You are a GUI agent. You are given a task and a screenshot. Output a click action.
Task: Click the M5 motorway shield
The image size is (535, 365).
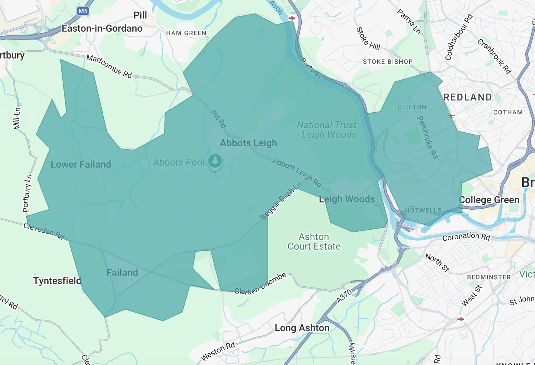pos(83,11)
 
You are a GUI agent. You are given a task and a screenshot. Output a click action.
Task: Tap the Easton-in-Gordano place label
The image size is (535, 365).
pos(102,29)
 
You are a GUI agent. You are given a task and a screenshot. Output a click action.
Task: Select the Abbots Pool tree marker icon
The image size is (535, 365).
pos(215,160)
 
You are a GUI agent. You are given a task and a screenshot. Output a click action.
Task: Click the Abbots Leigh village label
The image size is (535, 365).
pos(248,143)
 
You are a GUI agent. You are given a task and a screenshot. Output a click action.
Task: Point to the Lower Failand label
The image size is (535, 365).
pos(81,165)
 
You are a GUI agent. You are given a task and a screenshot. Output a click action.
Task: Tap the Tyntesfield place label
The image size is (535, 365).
pos(57,281)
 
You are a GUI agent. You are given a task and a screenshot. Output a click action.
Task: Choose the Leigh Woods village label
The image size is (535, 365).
pos(346,199)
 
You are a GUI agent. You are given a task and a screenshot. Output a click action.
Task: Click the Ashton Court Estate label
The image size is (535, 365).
pos(314,242)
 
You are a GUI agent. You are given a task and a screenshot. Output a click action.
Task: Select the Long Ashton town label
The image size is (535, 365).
pos(302,328)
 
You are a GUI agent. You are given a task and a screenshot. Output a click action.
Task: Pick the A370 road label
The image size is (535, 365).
pos(344,296)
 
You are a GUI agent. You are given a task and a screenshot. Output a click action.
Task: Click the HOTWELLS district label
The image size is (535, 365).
pos(423,210)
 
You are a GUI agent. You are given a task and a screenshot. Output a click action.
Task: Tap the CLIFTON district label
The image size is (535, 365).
pos(412,107)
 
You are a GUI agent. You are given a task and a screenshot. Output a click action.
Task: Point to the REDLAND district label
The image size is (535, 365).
pos(468,97)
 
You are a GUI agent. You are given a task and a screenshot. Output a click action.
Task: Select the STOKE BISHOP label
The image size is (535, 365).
pos(388,62)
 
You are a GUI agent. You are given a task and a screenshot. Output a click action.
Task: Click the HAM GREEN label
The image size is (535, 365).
pos(186,33)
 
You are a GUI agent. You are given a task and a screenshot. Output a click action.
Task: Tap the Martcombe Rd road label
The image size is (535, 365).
pos(109,66)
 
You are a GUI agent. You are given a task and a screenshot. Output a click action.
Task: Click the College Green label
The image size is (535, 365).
pos(489,200)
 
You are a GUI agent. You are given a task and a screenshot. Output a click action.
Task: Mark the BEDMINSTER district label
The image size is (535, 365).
pos(489,277)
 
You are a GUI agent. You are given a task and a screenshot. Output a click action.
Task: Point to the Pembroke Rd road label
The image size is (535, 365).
pos(427,137)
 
